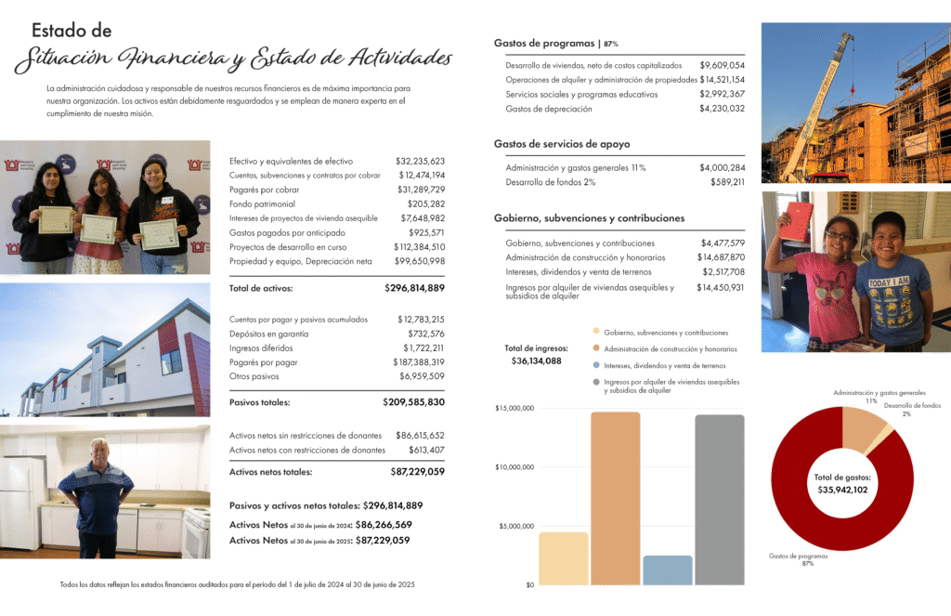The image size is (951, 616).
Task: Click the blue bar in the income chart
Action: click(x=668, y=570)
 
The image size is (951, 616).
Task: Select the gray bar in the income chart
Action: click(x=720, y=499)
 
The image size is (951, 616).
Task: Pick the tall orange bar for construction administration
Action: click(x=615, y=498)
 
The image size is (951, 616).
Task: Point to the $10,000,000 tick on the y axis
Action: click(x=515, y=467)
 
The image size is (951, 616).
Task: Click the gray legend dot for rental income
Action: click(x=595, y=382)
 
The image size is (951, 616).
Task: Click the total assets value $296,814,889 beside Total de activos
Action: click(x=414, y=288)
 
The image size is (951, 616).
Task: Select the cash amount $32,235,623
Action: click(x=420, y=161)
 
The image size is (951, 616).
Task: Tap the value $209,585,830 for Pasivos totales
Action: click(x=413, y=402)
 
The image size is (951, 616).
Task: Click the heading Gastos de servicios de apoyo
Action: click(x=562, y=144)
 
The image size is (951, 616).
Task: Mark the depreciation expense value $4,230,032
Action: click(x=722, y=109)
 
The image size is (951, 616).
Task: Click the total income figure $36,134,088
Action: click(x=536, y=361)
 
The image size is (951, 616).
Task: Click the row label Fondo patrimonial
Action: click(x=262, y=203)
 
